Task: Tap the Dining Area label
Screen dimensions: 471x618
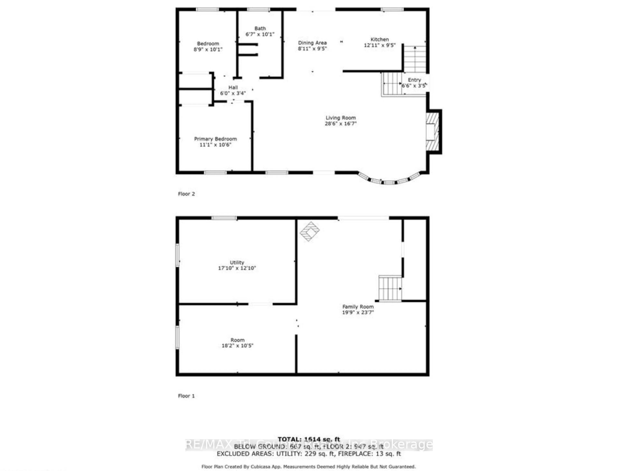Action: tap(312, 43)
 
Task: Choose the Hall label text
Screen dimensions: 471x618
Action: tap(233, 87)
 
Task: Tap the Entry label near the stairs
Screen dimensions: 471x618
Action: tap(414, 80)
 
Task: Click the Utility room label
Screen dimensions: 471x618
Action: tap(237, 262)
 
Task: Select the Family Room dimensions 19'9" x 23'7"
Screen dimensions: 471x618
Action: tap(358, 312)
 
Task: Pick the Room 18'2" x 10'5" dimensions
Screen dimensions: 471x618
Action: tap(237, 346)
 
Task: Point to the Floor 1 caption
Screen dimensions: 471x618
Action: tap(186, 396)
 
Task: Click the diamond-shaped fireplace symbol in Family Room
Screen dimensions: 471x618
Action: tap(309, 231)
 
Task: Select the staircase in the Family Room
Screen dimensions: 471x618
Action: tap(390, 288)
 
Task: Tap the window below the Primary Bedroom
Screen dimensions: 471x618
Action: tap(215, 172)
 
